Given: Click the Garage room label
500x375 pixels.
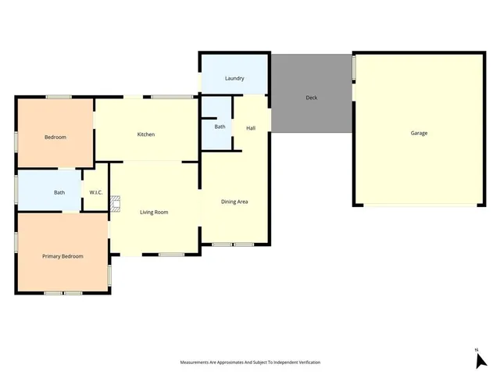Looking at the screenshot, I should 419,133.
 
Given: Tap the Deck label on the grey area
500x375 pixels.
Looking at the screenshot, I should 311,98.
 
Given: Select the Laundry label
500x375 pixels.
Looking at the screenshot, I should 234,78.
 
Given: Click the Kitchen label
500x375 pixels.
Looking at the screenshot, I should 146,134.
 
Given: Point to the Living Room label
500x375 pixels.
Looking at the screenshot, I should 154,212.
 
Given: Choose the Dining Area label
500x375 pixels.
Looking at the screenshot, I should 234,202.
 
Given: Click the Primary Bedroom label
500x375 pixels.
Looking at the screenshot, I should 62,255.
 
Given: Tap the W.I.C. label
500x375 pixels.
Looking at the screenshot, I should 96,192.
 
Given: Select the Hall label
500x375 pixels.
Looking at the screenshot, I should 251,128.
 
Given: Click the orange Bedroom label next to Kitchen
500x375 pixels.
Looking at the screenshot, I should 55,137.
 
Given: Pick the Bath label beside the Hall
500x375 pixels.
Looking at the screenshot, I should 220,127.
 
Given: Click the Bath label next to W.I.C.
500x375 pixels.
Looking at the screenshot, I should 59,192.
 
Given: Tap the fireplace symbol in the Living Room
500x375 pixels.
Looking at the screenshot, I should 115,204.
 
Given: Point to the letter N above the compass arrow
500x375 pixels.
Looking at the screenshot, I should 476,349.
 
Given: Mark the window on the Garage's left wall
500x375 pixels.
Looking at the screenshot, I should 354,68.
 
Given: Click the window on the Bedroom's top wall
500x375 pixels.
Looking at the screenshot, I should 59,97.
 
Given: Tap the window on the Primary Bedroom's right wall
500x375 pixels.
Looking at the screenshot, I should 109,274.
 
